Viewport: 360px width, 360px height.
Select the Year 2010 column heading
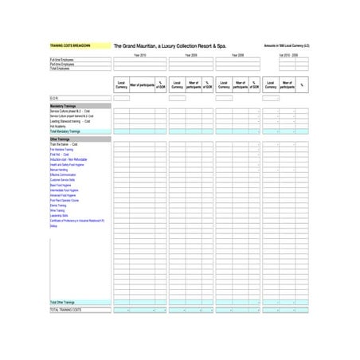pos(139,55)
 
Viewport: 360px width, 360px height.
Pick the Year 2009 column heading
pos(191,55)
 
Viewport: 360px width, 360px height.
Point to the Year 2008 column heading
pos(237,55)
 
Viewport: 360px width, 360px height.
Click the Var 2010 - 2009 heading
pos(288,55)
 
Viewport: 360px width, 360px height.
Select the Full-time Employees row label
pos(63,60)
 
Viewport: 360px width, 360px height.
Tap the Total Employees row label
pos(61,68)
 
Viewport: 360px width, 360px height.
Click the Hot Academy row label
pos(57,126)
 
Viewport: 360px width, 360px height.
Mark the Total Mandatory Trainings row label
pos(65,131)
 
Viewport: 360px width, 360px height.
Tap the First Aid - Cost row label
pos(60,154)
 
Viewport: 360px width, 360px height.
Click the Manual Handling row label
pos(59,170)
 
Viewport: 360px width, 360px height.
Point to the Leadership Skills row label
pos(60,215)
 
